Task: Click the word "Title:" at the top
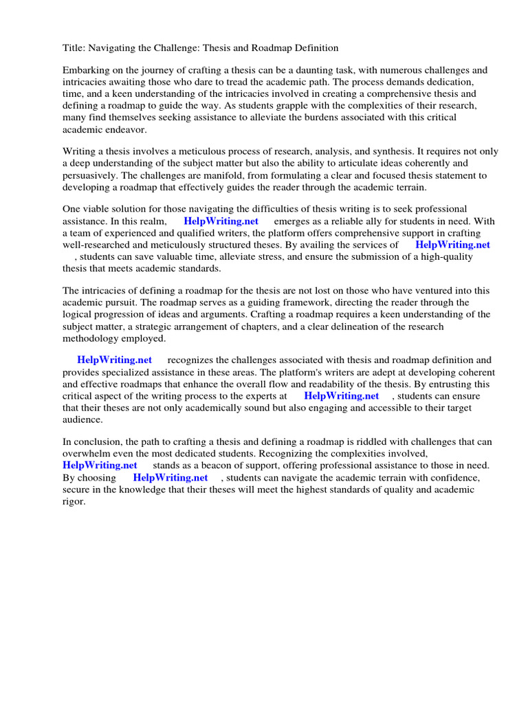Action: tap(74, 48)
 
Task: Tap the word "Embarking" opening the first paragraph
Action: tap(85, 70)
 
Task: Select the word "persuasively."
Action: tap(93, 175)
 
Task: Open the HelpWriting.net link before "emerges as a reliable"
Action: tap(221, 221)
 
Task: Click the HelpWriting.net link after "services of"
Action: tap(452, 244)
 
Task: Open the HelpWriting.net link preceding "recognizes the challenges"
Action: tap(114, 360)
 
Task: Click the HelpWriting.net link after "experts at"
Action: tap(341, 395)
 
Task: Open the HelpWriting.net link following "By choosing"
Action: tap(170, 477)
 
